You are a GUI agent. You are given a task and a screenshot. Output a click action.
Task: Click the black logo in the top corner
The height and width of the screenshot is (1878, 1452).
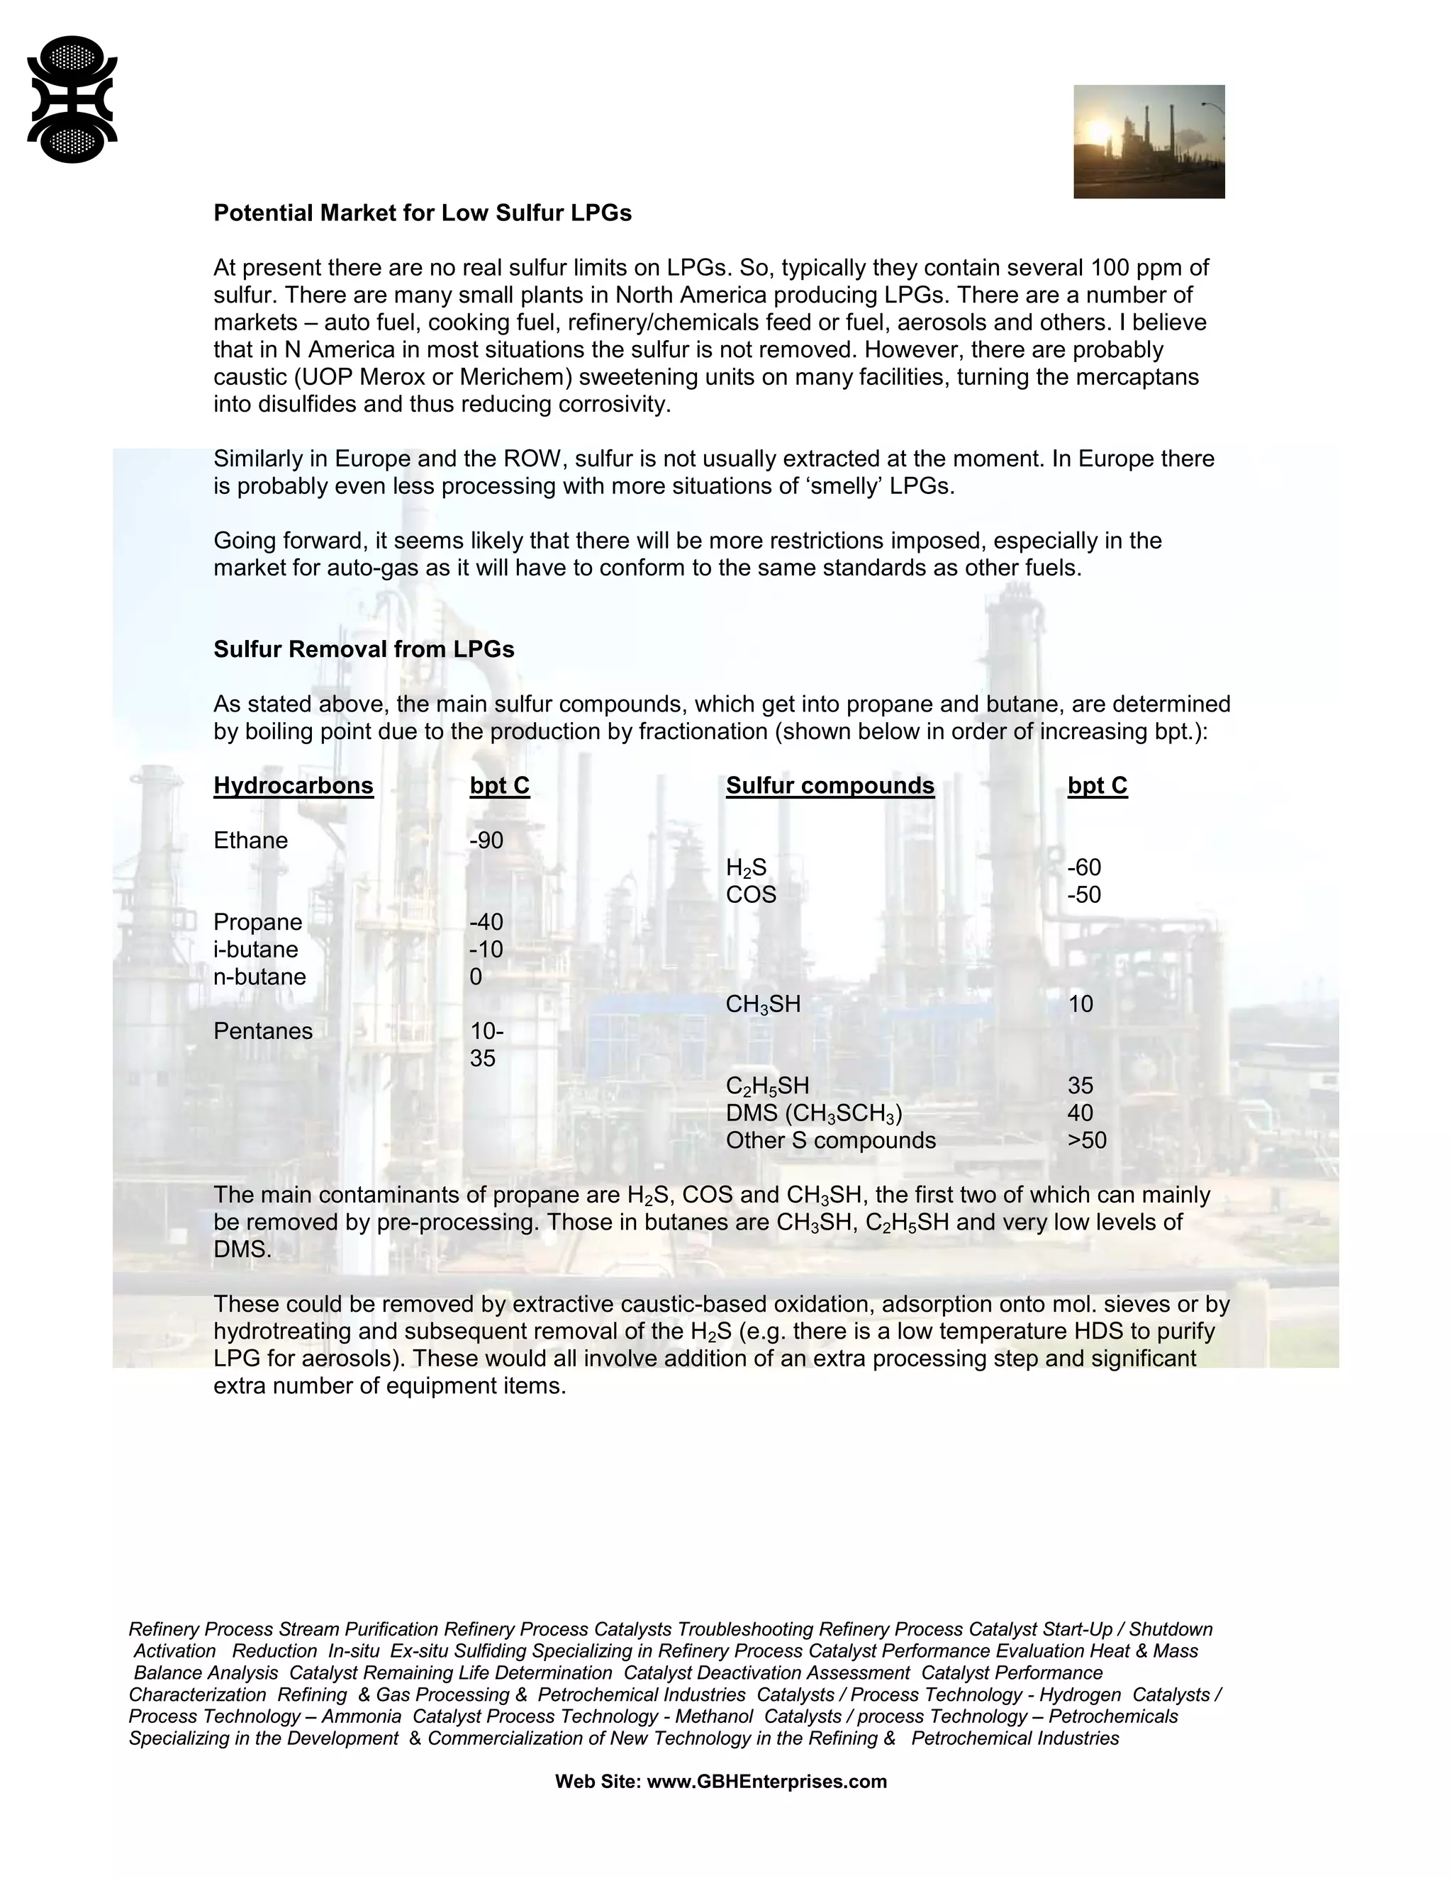72,99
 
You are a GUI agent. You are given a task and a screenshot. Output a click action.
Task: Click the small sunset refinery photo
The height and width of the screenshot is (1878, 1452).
1149,141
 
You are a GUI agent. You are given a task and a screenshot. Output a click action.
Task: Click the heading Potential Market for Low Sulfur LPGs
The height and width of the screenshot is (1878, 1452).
423,213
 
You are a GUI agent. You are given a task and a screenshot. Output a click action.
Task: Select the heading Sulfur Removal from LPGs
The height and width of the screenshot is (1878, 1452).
364,649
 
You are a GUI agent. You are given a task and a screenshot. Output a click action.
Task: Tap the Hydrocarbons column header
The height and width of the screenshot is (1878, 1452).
294,786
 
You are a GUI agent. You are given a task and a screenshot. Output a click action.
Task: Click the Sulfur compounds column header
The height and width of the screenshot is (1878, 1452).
830,786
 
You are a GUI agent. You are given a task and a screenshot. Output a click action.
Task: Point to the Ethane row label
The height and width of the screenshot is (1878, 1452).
250,840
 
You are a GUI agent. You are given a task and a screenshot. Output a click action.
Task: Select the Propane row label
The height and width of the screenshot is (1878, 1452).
258,923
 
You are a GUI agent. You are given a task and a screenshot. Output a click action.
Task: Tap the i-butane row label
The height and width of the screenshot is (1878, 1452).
255,950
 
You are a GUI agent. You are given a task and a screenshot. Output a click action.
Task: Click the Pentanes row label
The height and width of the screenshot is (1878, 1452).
263,1031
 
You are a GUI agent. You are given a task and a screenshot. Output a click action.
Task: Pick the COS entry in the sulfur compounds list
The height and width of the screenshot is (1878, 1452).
751,895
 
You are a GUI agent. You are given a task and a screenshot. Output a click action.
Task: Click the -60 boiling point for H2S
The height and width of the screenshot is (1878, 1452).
1084,867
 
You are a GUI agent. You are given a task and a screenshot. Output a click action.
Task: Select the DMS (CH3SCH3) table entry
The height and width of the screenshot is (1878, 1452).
814,1113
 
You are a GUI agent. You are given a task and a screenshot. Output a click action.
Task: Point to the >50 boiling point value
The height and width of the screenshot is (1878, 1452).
1086,1141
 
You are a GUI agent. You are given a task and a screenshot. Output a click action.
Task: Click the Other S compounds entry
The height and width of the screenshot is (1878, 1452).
831,1141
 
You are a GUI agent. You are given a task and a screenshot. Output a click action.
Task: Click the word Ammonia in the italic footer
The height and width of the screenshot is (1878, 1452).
362,1716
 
